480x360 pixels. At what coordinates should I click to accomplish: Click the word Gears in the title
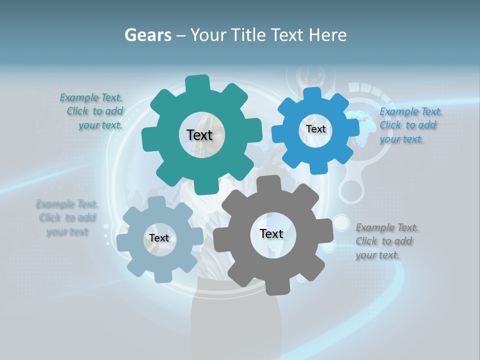pyautogui.click(x=148, y=35)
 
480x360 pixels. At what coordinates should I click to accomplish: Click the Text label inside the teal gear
pyautogui.click(x=199, y=135)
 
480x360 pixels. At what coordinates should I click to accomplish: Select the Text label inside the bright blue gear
pyautogui.click(x=315, y=129)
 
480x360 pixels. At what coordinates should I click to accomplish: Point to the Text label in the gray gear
pyautogui.click(x=271, y=234)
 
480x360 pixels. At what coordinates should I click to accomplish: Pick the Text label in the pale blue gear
pyautogui.click(x=159, y=238)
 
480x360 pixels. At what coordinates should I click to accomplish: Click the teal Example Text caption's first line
pyautogui.click(x=91, y=97)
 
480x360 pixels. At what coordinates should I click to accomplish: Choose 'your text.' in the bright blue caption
pyautogui.click(x=401, y=139)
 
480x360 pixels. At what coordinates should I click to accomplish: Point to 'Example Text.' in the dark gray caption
pyautogui.click(x=387, y=228)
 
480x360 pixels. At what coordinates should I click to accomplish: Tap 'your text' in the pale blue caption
pyautogui.click(x=67, y=232)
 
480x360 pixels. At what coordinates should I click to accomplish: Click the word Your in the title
pyautogui.click(x=208, y=35)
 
